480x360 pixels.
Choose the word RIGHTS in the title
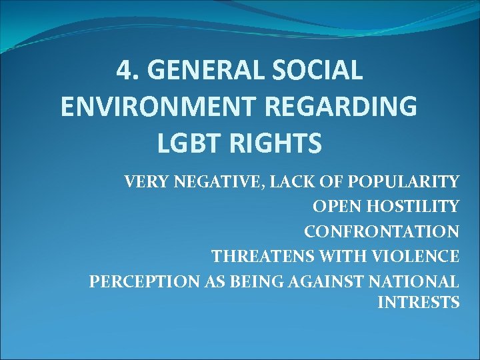(x=276, y=143)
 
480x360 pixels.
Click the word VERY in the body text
(x=143, y=182)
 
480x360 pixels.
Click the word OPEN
(x=335, y=207)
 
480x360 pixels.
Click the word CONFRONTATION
(x=382, y=231)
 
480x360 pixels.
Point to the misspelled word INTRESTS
(x=419, y=303)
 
